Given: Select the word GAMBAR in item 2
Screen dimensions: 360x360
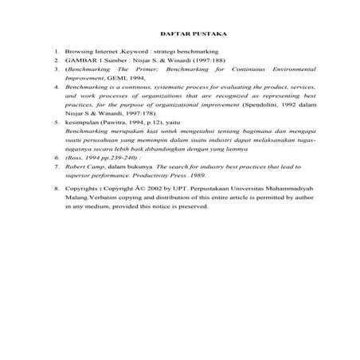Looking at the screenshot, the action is click(x=80, y=61).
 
